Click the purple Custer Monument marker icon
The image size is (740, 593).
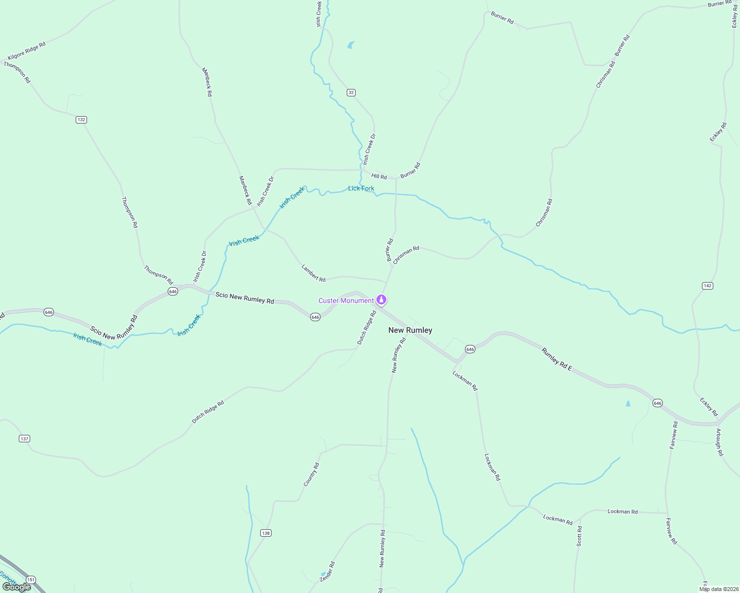[381, 299]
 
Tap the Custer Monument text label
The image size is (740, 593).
[346, 300]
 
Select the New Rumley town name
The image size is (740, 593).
[410, 330]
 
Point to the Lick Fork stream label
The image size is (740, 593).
[361, 188]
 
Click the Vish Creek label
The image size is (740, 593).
[244, 241]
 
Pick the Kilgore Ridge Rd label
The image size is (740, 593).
[27, 51]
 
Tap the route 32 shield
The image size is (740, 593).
[351, 92]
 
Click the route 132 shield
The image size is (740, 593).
[81, 120]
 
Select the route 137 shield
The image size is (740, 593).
[25, 438]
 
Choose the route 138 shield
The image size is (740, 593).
[266, 533]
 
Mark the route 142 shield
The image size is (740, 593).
[707, 286]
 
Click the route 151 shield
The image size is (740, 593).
[31, 579]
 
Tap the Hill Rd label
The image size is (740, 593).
[379, 176]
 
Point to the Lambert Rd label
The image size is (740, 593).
[314, 273]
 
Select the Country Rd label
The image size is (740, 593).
[311, 474]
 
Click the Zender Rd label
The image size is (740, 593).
[327, 571]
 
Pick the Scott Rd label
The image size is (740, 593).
[579, 536]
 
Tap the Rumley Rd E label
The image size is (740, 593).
[556, 360]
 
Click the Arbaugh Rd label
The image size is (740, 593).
[719, 442]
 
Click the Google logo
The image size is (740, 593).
[16, 587]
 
